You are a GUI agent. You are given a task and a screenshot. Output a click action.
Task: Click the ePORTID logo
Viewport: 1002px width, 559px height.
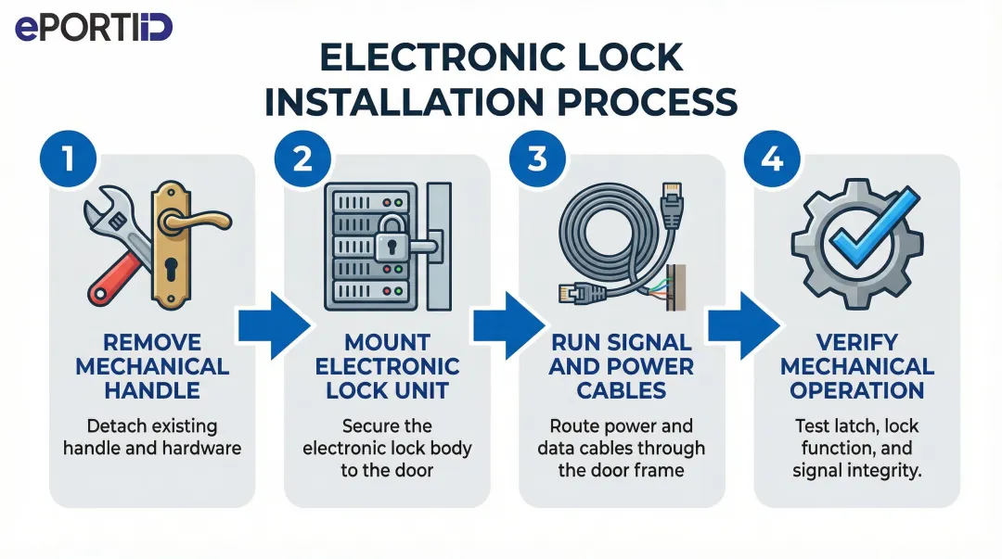[x=94, y=28]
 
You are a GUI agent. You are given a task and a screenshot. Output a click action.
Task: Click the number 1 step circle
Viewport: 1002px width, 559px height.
[x=69, y=159]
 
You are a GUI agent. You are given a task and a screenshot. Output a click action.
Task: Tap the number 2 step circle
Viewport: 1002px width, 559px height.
[x=302, y=159]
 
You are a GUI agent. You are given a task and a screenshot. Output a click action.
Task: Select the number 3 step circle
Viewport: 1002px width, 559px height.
[x=537, y=159]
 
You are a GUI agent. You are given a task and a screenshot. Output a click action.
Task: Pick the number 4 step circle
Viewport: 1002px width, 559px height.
[x=772, y=159]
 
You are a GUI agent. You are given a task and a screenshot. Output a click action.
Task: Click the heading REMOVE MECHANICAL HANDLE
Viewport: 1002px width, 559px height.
[x=152, y=365]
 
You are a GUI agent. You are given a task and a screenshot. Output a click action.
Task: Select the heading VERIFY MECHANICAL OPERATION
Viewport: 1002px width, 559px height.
[x=856, y=365]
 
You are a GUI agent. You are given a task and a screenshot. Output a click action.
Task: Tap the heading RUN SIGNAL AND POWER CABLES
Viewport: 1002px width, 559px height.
[x=621, y=365]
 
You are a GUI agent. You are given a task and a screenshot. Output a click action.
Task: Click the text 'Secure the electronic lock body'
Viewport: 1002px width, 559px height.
[x=387, y=437]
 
